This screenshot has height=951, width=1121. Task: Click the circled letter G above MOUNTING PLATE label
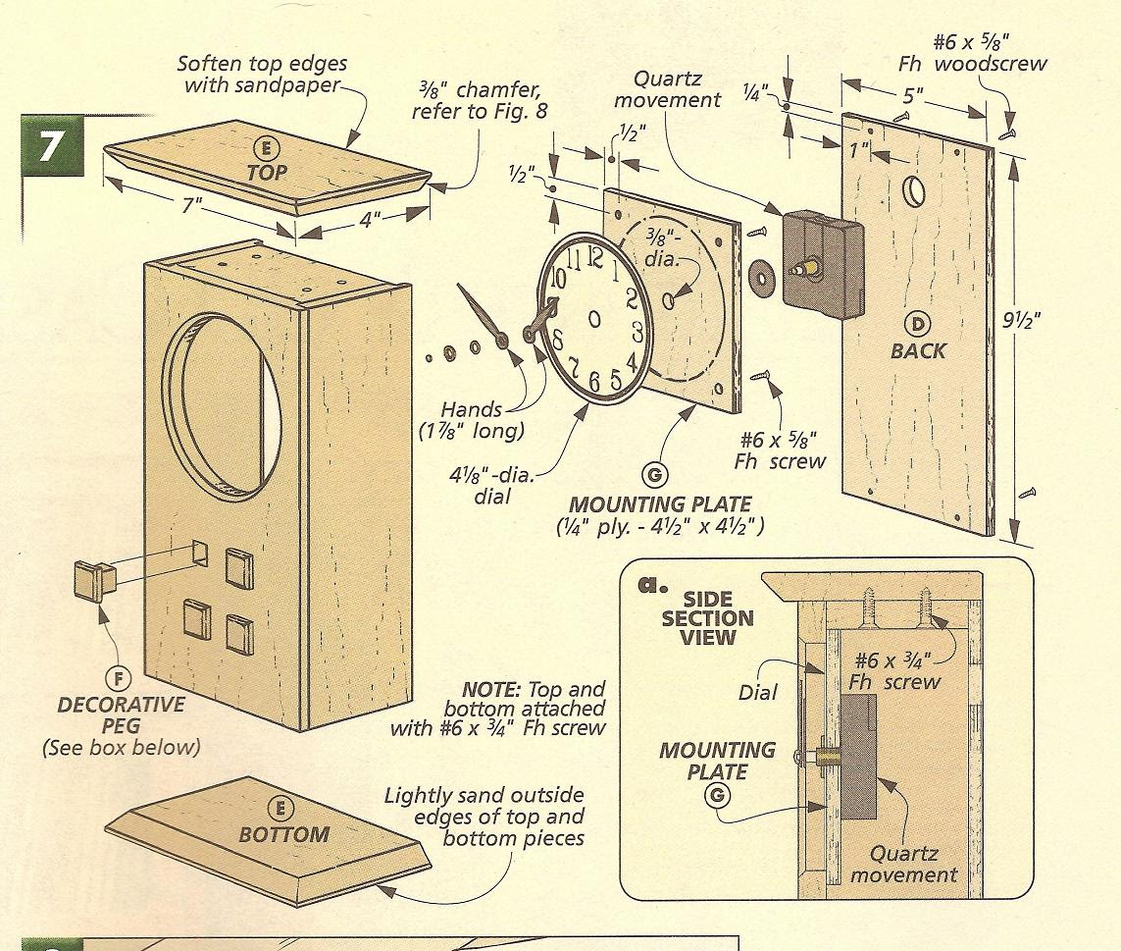653,476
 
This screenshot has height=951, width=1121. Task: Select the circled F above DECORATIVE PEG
116,679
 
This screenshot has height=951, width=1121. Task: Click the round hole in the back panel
911,190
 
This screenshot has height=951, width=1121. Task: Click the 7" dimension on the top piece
189,208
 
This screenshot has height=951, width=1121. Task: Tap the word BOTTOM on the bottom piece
283,834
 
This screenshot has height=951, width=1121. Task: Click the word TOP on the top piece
267,172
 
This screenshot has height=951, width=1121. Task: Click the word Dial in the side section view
758,693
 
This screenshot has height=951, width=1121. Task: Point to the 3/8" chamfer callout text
479,100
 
